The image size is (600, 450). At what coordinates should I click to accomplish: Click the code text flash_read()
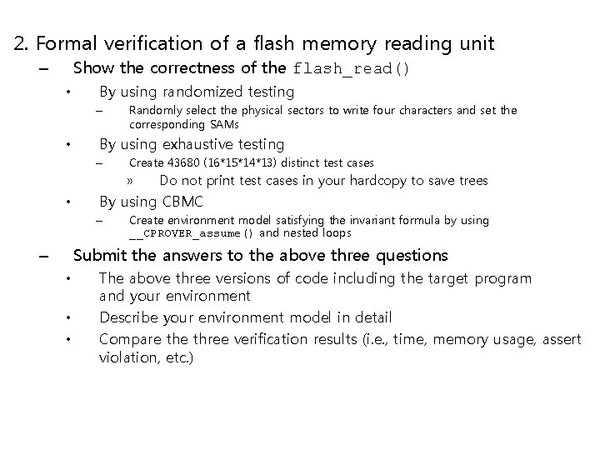[350, 69]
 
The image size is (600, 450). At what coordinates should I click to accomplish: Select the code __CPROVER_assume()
[193, 234]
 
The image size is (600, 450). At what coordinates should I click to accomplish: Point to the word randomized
[199, 92]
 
